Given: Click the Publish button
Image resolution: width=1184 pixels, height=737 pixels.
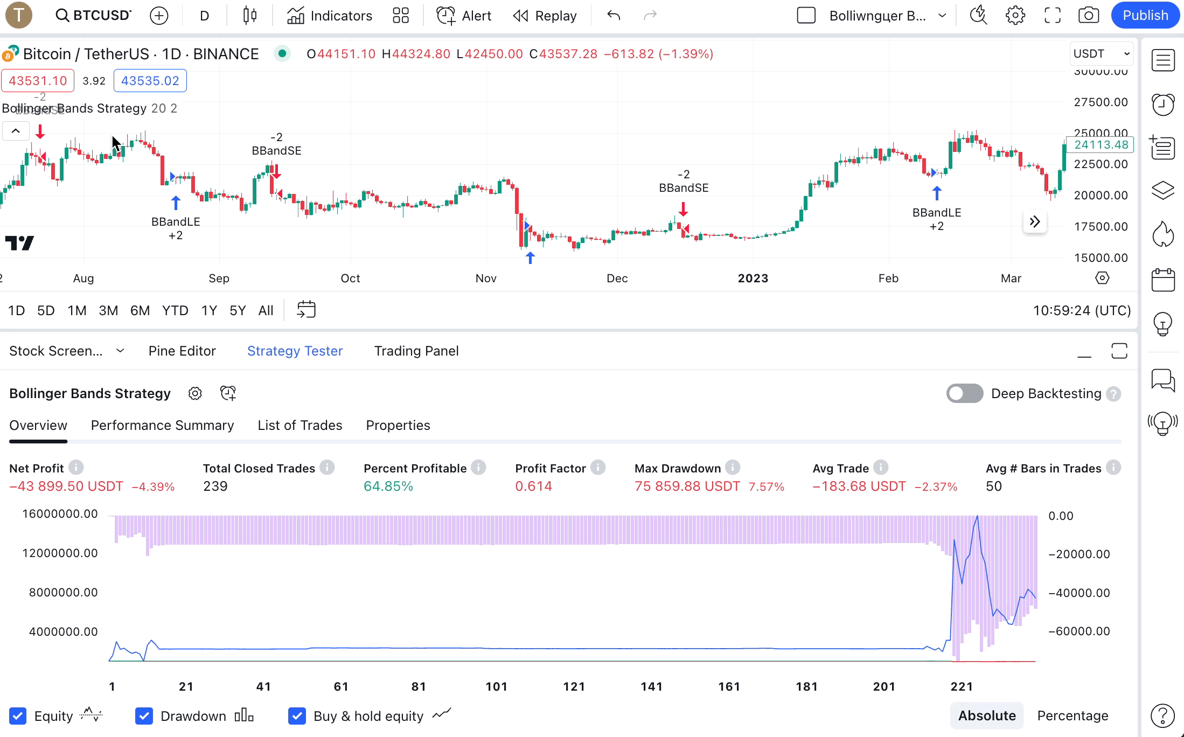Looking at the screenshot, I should point(1145,16).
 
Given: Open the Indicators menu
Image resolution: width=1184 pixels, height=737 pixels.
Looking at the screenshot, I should point(330,16).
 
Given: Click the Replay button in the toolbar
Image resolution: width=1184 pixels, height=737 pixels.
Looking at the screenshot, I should point(545,16).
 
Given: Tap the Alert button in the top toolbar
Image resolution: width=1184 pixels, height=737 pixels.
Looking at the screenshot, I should point(464,16).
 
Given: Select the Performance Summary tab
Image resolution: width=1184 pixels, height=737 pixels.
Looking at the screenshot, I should point(162,425).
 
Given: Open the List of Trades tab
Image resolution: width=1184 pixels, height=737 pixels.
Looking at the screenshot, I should point(300,425).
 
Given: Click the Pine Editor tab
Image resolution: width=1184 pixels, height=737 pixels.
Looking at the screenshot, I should point(182,351).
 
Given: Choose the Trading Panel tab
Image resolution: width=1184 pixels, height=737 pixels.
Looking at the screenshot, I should point(416,351).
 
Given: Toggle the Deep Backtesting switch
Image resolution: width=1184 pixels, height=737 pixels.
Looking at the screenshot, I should point(964,393).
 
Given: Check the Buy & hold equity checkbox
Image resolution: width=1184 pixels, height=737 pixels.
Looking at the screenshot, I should point(297,716).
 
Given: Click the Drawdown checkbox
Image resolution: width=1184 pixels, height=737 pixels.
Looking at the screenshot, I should point(144,716).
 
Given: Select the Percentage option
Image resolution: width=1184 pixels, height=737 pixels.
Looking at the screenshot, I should point(1072,715).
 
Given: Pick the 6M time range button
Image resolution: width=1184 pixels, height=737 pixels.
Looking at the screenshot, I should point(140,310).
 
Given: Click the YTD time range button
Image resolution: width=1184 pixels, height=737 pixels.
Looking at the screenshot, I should point(175,310).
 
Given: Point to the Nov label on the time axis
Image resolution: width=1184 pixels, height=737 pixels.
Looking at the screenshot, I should point(486,278).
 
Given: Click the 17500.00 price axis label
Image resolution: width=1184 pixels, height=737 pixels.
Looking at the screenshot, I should point(1101,226).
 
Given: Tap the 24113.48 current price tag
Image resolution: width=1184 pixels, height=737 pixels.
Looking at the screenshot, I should point(1101,144).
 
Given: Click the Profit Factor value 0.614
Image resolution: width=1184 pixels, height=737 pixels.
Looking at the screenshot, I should point(533,486).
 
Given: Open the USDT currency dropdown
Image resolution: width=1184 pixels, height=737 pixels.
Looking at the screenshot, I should point(1101,54).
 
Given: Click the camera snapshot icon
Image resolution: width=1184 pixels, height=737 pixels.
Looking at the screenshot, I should point(1088,16).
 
